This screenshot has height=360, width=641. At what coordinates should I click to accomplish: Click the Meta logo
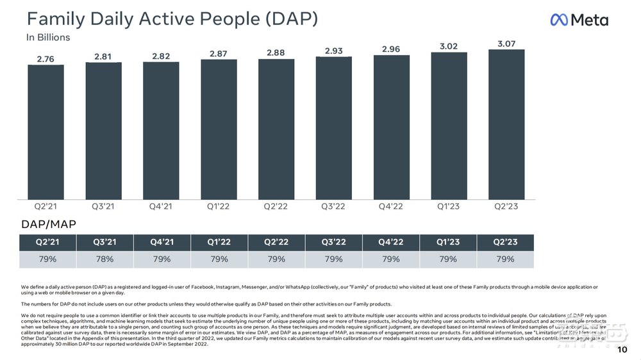[x=579, y=20]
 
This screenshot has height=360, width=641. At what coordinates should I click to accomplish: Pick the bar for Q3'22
[x=333, y=127]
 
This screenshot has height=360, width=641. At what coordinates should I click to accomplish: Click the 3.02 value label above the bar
[x=449, y=45]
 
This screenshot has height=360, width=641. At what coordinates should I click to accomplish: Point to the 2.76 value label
[x=45, y=59]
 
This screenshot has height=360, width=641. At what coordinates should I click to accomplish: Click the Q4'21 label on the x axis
[x=161, y=207]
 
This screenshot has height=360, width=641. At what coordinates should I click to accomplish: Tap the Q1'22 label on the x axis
[x=219, y=207]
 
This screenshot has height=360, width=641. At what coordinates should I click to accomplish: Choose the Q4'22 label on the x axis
[x=391, y=207]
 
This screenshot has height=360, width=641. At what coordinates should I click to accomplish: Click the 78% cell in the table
[x=104, y=259]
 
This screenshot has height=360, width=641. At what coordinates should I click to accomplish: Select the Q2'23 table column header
[x=505, y=242]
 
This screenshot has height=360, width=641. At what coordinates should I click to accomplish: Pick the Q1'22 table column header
[x=219, y=242]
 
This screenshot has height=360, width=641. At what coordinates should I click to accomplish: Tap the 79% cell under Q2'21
[x=47, y=259]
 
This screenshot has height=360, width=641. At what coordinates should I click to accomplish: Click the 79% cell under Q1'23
[x=448, y=259]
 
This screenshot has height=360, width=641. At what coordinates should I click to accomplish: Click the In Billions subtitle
[x=48, y=37]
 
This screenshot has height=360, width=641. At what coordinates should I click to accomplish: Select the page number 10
[x=622, y=350]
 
